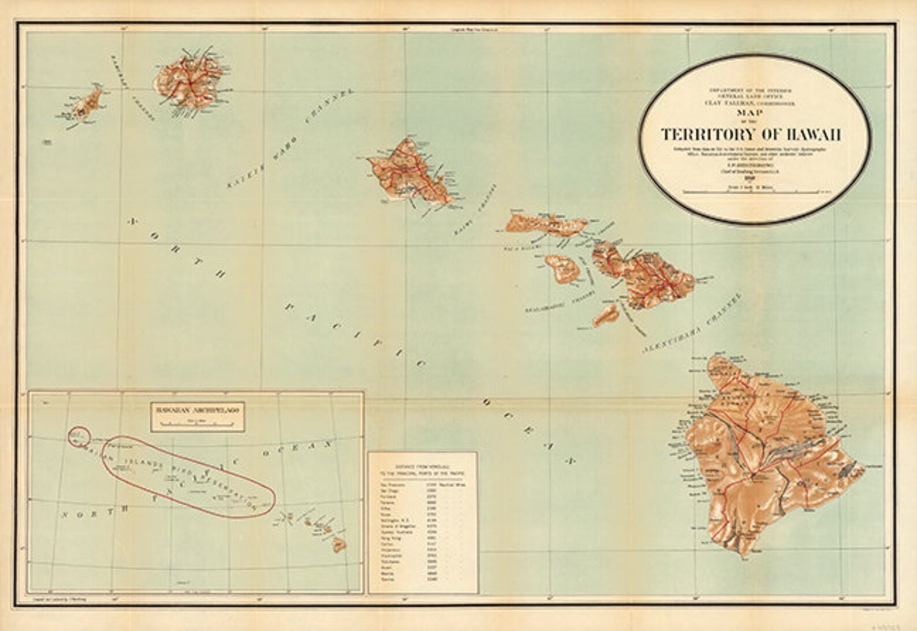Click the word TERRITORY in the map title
[x=706, y=135]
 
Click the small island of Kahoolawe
[x=606, y=315]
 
